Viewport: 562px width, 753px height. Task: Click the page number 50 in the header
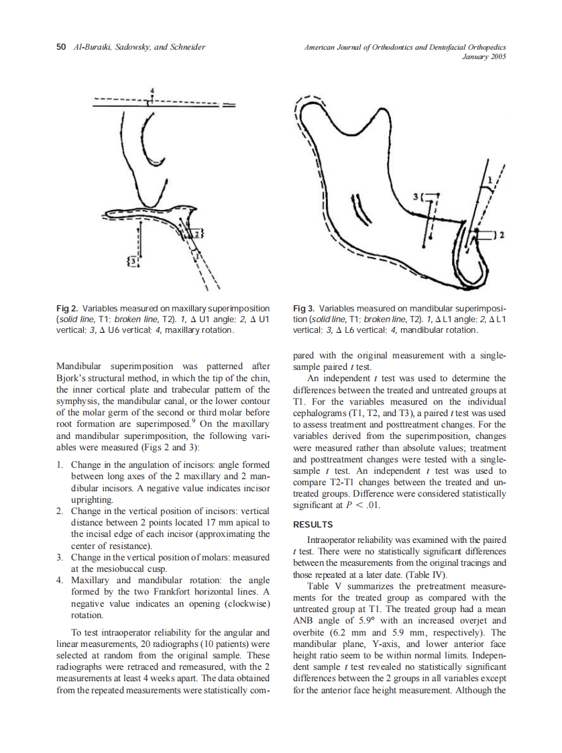[x=60, y=47]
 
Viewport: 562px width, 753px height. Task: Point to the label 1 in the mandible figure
[x=490, y=179]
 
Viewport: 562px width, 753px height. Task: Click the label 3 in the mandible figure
[x=418, y=196]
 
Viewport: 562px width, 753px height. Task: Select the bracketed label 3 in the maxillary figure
[x=134, y=259]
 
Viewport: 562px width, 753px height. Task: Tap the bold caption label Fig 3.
[x=304, y=309]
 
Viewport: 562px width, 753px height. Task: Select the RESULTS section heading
[x=314, y=525]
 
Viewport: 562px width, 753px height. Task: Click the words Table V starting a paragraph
[x=323, y=586]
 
